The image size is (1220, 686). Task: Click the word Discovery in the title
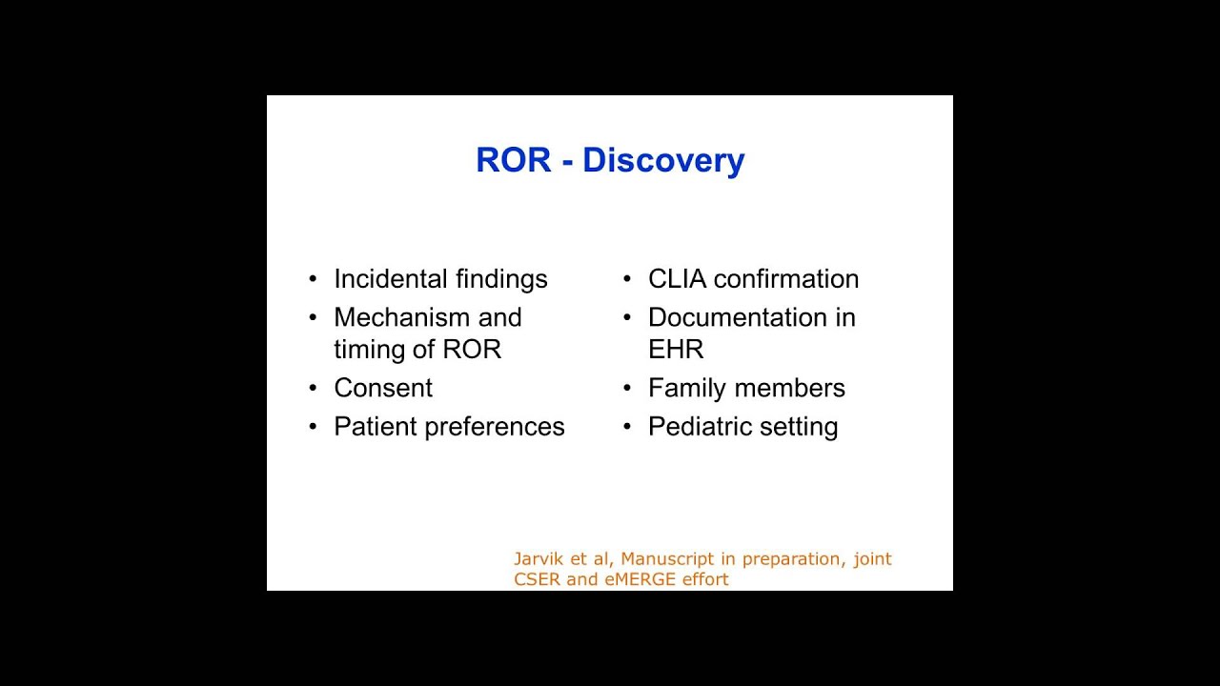tap(663, 160)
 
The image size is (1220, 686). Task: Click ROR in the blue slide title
tap(513, 160)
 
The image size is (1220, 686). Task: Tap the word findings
tap(501, 279)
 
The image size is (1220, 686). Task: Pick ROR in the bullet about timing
tap(472, 350)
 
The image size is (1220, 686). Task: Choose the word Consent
tap(383, 388)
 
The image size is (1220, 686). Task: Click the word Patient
tap(376, 427)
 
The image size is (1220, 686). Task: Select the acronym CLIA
tap(677, 279)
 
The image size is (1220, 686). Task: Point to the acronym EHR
tap(676, 350)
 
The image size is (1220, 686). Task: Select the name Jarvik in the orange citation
tap(539, 559)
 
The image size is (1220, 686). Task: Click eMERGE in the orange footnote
tap(640, 579)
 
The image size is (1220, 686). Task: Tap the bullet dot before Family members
tap(627, 389)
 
